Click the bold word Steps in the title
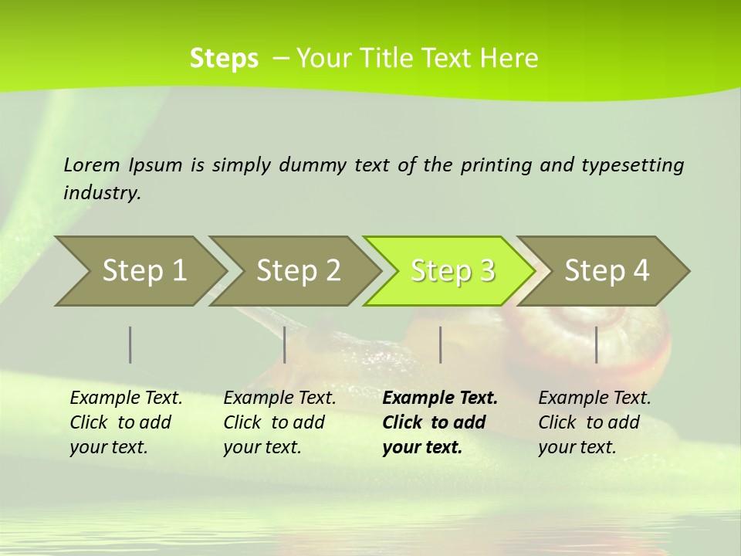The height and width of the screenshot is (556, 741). (x=224, y=58)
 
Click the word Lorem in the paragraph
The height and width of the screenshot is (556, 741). (x=92, y=164)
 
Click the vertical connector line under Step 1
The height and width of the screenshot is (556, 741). (x=130, y=344)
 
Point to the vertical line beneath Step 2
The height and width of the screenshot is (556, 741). (x=285, y=344)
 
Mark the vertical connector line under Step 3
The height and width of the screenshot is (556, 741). (x=441, y=344)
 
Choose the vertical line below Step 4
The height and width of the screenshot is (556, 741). (x=597, y=344)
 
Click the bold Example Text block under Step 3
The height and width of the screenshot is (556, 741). (x=439, y=422)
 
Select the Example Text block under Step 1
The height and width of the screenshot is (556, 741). (x=126, y=422)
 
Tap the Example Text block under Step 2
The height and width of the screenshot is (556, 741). (x=279, y=422)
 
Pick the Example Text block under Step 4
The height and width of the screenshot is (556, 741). (x=594, y=422)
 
